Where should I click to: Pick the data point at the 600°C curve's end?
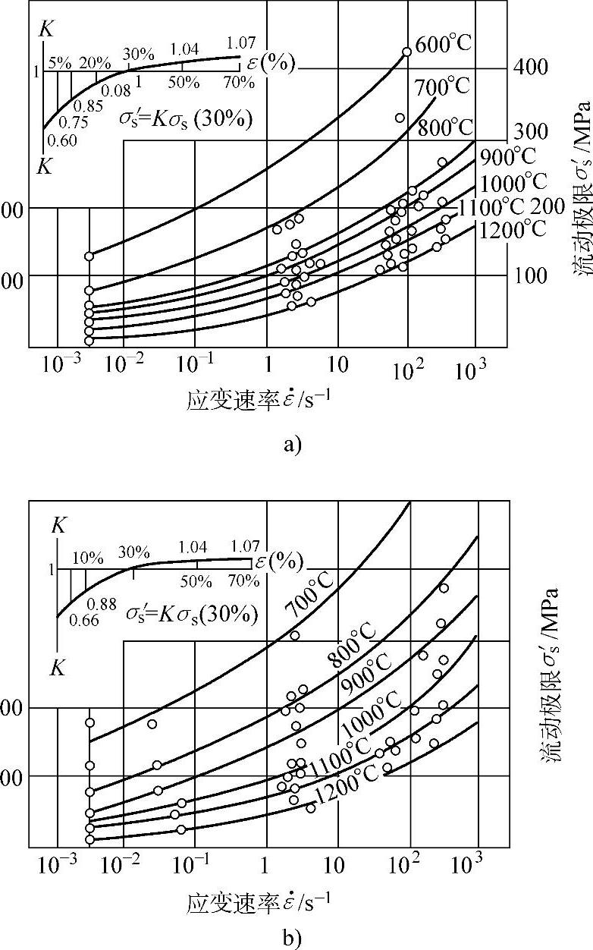point(406,52)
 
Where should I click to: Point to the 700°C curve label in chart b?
point(308,599)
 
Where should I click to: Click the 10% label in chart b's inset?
point(87,558)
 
